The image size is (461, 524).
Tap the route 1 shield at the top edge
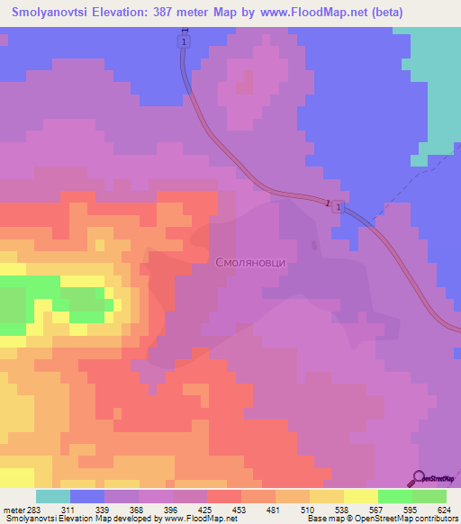tap(184, 42)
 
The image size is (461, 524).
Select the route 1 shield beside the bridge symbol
tap(336, 208)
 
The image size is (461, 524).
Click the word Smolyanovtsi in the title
tap(56, 13)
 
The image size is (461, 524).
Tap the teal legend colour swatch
tap(53, 496)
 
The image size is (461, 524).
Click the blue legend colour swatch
tap(87, 496)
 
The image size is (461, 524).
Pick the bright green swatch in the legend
tap(394, 496)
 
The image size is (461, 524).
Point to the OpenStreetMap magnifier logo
tap(419, 479)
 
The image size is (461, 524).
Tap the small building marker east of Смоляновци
tap(313, 244)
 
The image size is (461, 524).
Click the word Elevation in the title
tap(135, 13)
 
